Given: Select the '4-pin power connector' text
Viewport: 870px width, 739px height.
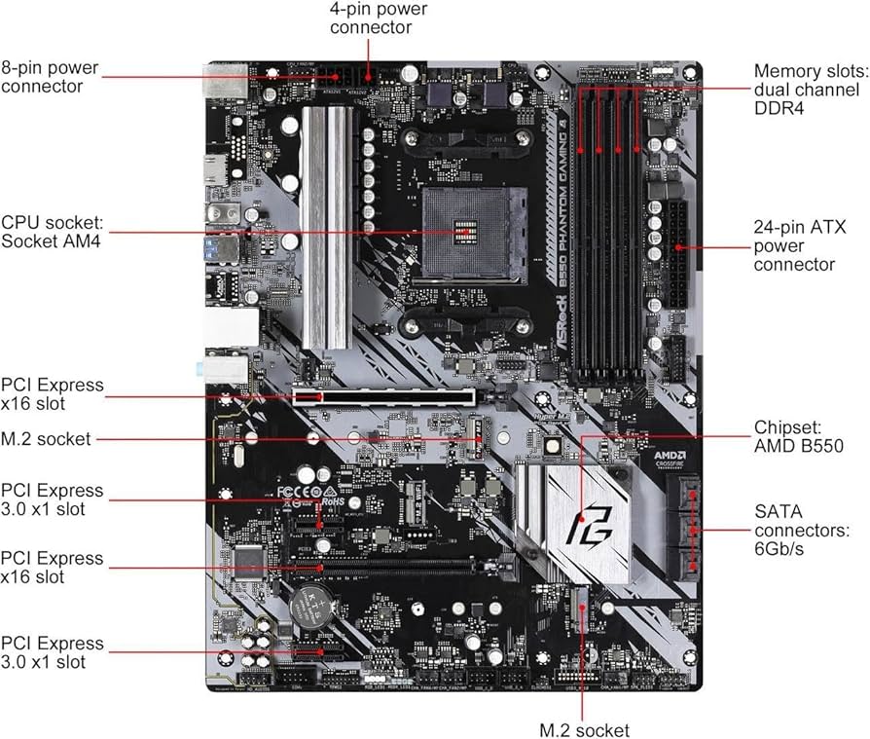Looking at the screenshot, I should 379,19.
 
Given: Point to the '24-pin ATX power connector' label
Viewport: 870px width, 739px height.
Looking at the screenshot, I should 800,245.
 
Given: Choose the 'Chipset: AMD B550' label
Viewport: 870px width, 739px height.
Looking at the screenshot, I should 795,436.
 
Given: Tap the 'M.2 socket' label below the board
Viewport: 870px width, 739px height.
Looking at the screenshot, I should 584,729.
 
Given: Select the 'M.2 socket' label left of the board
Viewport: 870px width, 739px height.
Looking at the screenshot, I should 47,439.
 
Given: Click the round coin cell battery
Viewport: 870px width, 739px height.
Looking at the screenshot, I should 314,609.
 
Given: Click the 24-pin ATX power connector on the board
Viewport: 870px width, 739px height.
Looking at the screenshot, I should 673,254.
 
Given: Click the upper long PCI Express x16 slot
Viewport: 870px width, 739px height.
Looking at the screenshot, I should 383,397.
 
